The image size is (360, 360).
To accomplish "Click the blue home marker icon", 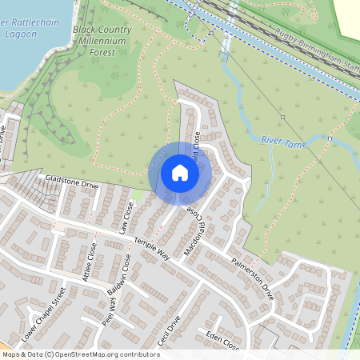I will [180, 173].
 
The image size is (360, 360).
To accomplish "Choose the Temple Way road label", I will [152, 248].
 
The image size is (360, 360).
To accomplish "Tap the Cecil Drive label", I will [170, 328].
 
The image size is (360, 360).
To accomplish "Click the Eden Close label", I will [222, 340].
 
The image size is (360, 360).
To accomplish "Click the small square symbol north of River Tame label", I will [282, 117].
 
